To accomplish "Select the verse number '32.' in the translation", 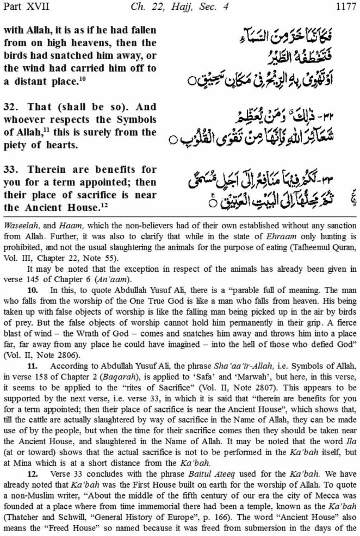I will tap(12, 107).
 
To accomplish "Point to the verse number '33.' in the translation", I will tap(12, 169).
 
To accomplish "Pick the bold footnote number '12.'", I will tap(33, 474).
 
